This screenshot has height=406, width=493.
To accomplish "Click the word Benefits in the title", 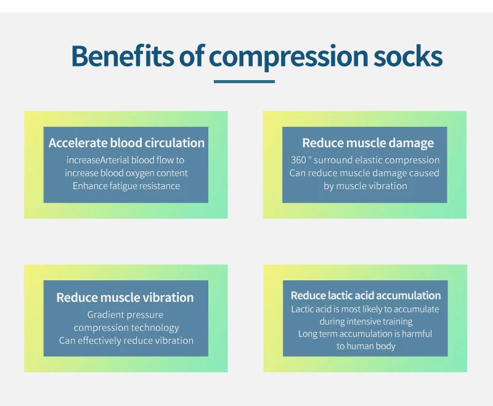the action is click(x=122, y=56).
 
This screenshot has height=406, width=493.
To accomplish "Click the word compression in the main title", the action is click(x=288, y=58).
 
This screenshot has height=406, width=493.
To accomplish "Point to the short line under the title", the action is click(x=244, y=82).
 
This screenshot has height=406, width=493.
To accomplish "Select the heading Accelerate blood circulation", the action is click(x=126, y=143).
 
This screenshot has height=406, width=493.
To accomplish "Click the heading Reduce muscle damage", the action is click(x=368, y=144).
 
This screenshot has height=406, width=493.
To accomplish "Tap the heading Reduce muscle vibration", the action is click(x=125, y=298).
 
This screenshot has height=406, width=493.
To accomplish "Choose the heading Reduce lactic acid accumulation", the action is click(x=365, y=295).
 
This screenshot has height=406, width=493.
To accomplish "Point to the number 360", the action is click(x=298, y=160).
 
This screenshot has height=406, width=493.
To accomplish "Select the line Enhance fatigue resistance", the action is click(x=126, y=186).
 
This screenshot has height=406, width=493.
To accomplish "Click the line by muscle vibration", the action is click(x=365, y=186).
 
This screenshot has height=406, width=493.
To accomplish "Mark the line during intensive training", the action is click(x=366, y=322).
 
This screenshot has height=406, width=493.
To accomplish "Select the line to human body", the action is click(x=366, y=346).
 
